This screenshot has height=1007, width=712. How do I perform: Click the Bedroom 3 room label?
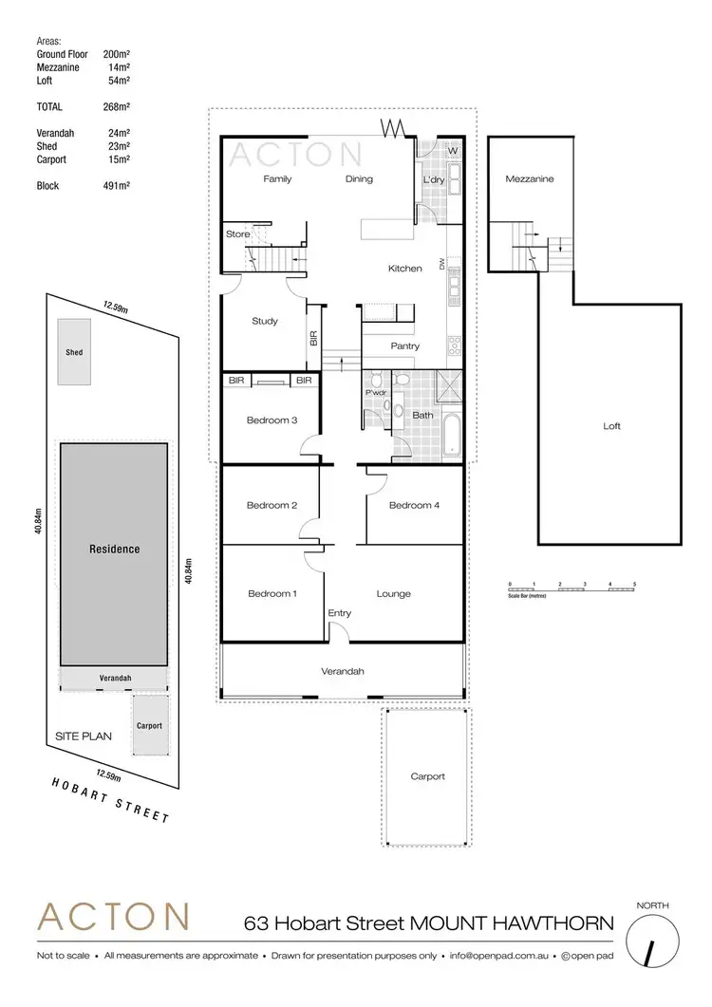coord(272,420)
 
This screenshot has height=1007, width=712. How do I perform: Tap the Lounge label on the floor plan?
coord(393,594)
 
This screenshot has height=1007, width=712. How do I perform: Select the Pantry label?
coord(405,346)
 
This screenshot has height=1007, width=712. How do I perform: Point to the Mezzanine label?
coord(529,178)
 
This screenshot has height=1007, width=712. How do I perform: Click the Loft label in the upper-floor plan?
coord(611,426)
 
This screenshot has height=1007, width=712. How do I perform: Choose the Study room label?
coord(265,321)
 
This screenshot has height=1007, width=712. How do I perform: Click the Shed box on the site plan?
coord(74,352)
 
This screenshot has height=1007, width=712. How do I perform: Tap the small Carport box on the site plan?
coord(149,725)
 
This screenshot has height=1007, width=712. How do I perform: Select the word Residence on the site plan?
coord(114,549)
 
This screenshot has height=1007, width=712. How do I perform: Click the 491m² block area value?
coord(116,186)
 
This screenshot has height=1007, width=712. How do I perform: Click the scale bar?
coord(571,588)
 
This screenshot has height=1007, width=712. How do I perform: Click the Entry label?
coord(339,613)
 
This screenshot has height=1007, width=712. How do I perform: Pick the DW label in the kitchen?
coord(442,265)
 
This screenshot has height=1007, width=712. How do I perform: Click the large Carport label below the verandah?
coord(427,776)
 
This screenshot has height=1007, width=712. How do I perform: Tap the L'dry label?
coord(433,178)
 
